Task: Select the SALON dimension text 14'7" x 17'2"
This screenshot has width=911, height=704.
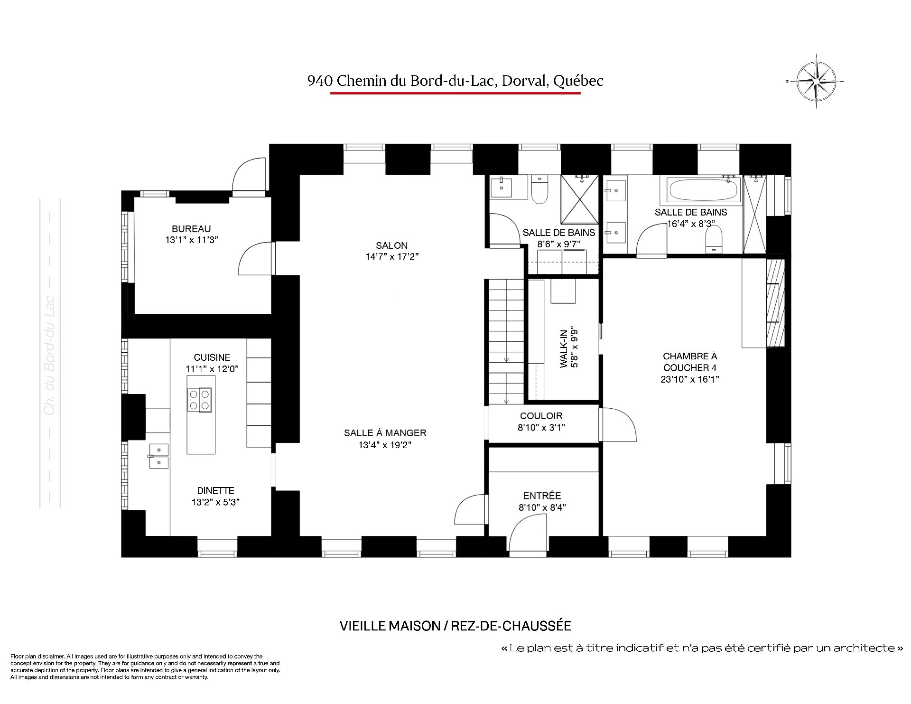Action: click(391, 257)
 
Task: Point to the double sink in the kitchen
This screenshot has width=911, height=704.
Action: click(159, 456)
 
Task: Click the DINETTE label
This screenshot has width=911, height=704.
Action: click(215, 490)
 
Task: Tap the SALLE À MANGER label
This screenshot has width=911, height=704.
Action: click(385, 433)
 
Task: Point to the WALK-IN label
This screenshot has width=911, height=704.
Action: click(564, 347)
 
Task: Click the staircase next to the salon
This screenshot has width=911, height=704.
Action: click(505, 342)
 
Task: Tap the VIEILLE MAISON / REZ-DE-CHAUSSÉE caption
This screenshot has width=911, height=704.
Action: click(455, 626)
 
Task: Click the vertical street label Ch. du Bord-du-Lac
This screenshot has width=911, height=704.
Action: click(50, 356)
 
